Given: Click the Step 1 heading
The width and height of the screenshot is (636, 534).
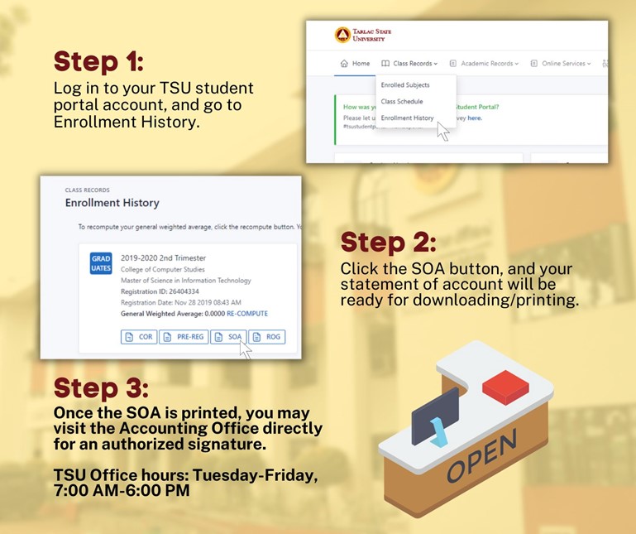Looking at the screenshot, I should pos(98,62).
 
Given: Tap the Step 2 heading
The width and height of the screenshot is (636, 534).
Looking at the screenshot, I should pos(388,243).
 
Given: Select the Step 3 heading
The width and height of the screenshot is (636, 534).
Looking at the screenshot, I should pos(101,388).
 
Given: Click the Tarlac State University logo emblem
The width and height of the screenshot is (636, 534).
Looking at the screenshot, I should pos(342,35).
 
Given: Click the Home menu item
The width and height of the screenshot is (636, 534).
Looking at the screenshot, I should pos(355,64).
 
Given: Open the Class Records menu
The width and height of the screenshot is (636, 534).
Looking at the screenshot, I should pos(409,64).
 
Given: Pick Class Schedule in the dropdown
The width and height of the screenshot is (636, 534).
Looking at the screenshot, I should pos(402,102).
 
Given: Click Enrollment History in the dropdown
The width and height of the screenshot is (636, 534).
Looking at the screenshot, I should pos(407,118).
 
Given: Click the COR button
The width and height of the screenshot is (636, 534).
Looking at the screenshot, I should pos(138,337).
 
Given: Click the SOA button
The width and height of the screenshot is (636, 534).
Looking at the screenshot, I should pos(227,337).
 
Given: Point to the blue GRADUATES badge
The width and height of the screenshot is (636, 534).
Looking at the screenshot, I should pos(100,264).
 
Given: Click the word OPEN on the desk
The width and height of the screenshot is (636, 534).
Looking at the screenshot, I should pos(482,455).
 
